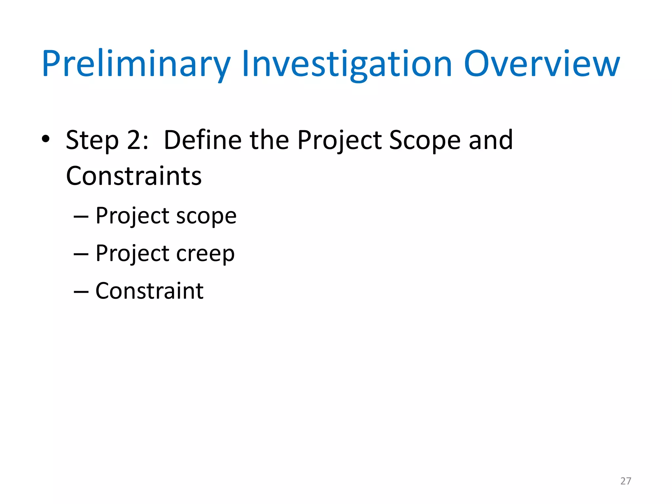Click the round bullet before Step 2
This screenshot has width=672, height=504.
point(46,139)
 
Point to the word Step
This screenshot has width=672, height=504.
point(92,140)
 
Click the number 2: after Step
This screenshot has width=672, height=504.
point(137,140)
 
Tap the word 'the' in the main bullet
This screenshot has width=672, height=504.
point(269,140)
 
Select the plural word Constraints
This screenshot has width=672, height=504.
point(134,176)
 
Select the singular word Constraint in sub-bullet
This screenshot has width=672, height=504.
point(149,291)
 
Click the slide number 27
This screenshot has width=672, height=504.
point(626,481)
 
